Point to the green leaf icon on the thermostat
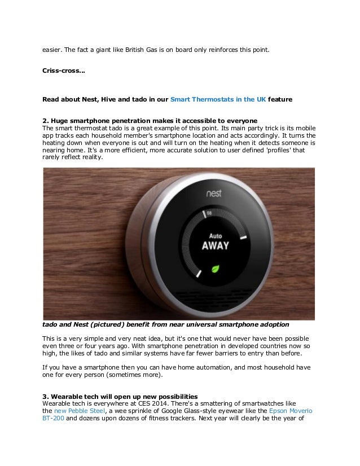214,269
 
